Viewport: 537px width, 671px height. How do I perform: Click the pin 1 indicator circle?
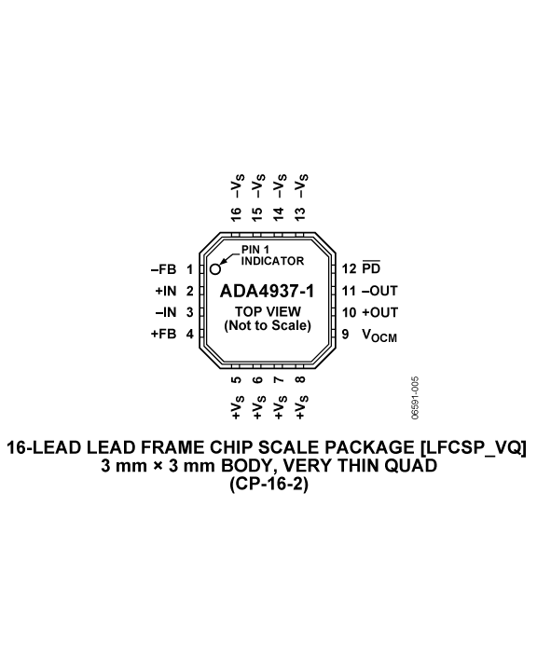tap(215, 269)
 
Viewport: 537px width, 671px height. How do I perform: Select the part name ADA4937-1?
tap(267, 292)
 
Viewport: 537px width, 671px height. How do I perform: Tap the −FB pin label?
tap(163, 269)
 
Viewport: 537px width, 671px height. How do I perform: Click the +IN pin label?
tap(166, 291)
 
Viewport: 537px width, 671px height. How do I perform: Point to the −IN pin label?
tap(166, 312)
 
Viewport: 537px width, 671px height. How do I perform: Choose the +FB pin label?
tap(163, 334)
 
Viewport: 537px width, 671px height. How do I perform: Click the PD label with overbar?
tap(371, 267)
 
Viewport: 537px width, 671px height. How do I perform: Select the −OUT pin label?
tap(379, 291)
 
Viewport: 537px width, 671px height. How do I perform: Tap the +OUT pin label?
tap(379, 312)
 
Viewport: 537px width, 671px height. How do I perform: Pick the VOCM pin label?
tap(379, 335)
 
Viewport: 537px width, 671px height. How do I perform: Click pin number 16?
tap(236, 214)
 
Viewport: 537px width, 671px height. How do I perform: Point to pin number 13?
tap(300, 214)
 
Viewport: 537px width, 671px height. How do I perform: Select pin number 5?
tap(236, 380)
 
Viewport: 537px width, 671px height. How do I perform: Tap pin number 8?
tap(300, 380)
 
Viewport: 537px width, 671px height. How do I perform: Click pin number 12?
tap(349, 268)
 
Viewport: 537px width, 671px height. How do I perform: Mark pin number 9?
tap(345, 334)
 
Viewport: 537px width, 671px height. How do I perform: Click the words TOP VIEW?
tap(268, 311)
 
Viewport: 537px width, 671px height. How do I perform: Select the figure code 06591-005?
tap(415, 398)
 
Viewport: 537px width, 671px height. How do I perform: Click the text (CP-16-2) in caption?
tap(268, 485)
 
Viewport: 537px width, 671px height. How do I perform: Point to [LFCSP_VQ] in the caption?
tap(474, 447)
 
